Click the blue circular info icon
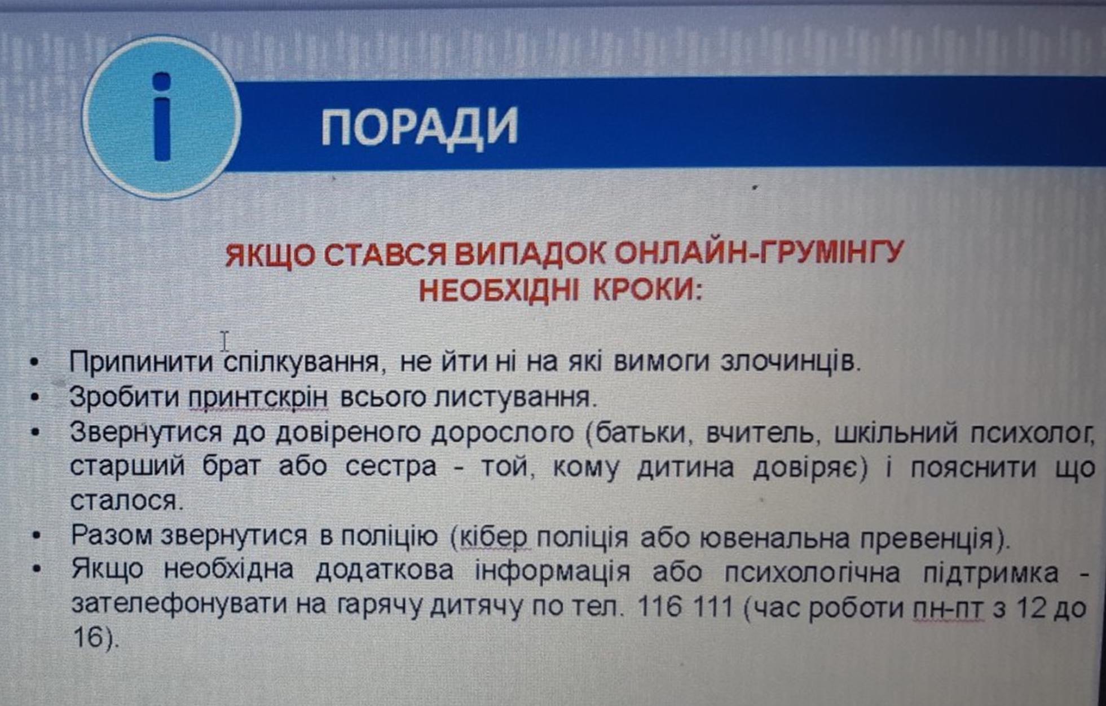click(162, 117)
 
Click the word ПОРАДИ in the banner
click(420, 127)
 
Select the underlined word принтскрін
click(258, 398)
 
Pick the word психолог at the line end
click(1032, 433)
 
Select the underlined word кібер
click(494, 536)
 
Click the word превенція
click(926, 538)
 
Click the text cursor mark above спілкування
click(224, 342)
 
